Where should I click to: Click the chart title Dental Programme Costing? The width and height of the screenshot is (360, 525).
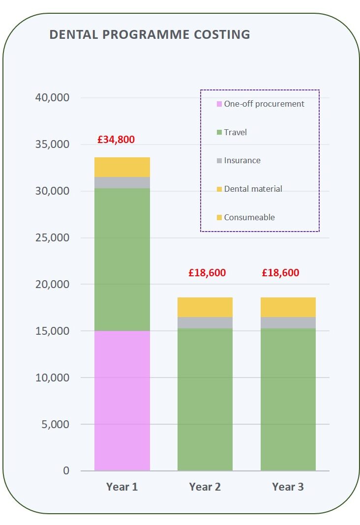[x=150, y=34]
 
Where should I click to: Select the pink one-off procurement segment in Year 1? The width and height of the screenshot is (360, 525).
[x=122, y=400]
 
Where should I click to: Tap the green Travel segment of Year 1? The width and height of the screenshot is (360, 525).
[x=122, y=259]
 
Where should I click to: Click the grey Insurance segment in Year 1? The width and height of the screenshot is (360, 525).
[x=122, y=182]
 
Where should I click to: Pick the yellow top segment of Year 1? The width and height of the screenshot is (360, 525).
[x=122, y=167]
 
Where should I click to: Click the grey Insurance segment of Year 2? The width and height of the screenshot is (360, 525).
[x=205, y=322]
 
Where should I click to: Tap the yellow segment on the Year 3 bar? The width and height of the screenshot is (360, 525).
[x=288, y=307]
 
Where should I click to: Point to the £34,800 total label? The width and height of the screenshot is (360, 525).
[x=116, y=140]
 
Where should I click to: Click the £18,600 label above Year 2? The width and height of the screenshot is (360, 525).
[x=207, y=273]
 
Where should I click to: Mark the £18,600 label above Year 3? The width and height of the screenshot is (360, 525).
[x=280, y=273]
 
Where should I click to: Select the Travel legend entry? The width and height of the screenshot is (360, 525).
[x=235, y=132]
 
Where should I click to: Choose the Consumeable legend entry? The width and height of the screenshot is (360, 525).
[x=249, y=217]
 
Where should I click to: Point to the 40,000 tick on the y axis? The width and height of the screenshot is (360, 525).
[x=52, y=97]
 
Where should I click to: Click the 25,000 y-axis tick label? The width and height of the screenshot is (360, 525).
[x=52, y=237]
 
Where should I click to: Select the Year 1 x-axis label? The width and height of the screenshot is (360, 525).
[x=122, y=487]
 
